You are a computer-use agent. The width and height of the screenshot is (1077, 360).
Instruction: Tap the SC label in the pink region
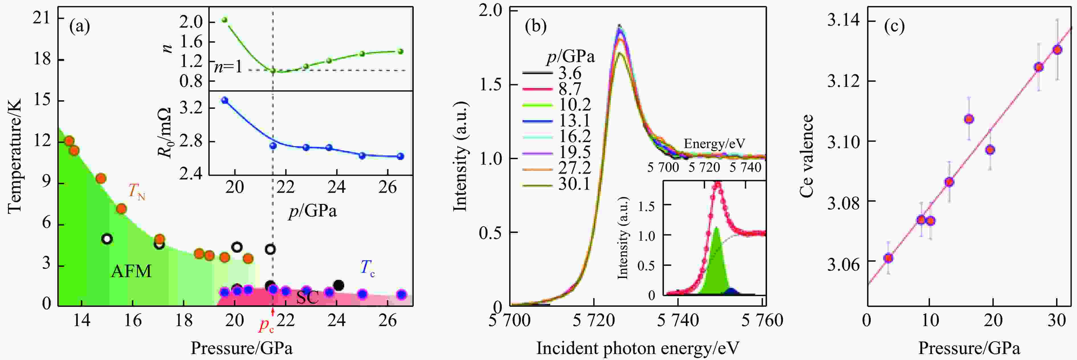click(x=307, y=297)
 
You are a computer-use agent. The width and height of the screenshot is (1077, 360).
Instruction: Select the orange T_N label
click(x=136, y=192)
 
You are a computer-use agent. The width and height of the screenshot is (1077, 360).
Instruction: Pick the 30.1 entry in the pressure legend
click(x=574, y=183)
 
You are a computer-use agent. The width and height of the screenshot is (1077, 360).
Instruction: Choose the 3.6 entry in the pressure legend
click(x=570, y=73)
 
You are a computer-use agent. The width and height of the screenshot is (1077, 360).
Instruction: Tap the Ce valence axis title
click(x=807, y=156)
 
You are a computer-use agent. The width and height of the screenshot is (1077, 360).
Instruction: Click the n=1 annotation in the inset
click(x=228, y=67)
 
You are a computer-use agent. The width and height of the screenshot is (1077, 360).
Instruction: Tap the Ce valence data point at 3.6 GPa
click(x=888, y=258)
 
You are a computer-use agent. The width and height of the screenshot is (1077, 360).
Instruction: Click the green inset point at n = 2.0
click(x=225, y=20)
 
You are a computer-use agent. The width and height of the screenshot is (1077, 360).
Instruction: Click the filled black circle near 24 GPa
click(x=339, y=286)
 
